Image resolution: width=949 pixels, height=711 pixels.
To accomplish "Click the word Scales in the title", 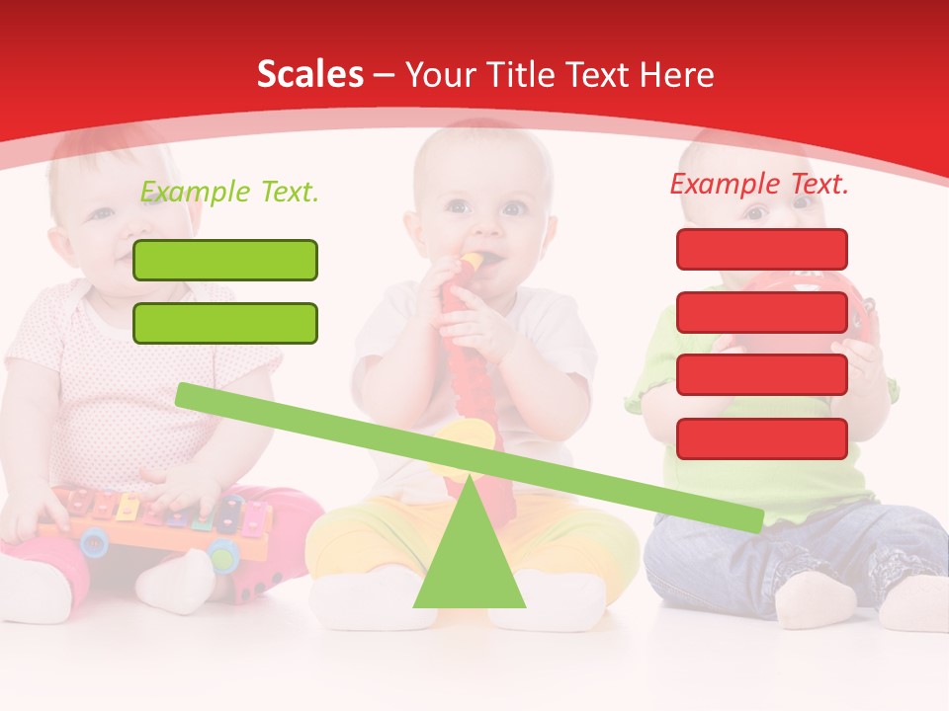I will click(310, 75).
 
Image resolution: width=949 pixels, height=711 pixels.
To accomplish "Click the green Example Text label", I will click(229, 192).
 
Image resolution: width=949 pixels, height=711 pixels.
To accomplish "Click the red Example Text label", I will click(759, 184).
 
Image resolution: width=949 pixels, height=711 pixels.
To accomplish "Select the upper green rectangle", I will click(225, 260).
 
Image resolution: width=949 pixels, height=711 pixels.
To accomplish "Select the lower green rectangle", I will click(225, 323).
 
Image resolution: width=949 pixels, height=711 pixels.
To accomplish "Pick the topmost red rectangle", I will click(762, 249).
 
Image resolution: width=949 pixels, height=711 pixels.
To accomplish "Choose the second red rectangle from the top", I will click(762, 312).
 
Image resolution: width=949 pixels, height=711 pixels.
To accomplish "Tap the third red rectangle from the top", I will click(762, 375).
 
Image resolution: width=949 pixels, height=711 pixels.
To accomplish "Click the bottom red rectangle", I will click(762, 438).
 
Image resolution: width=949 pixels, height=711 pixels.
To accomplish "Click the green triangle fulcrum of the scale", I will click(469, 558).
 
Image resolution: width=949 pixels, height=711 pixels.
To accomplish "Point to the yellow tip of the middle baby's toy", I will click(472, 261).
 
